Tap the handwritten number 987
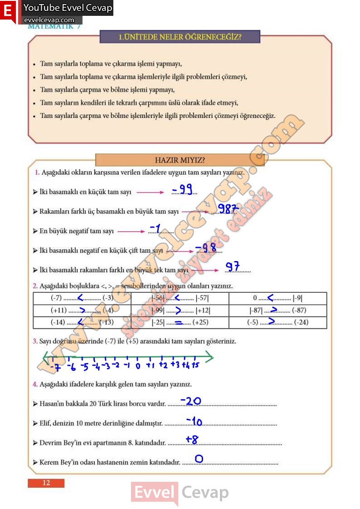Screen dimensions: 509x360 [x=228, y=208]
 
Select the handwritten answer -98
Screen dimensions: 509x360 [x=205, y=248]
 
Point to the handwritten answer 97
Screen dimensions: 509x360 [x=233, y=267]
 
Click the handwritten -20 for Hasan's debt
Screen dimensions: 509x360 [x=190, y=401]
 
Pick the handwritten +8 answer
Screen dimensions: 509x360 [x=192, y=439]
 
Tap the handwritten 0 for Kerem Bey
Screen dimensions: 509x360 [x=199, y=459]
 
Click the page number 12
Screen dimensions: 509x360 [x=46, y=483]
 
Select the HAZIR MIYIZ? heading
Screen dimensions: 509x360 [x=180, y=160]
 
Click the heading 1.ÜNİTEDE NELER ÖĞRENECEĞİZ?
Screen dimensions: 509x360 [x=180, y=37]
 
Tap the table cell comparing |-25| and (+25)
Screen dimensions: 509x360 [x=180, y=323]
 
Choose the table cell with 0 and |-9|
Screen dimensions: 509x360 [x=277, y=298]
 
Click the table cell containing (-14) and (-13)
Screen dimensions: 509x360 [x=82, y=323]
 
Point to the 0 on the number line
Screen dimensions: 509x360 [x=138, y=366]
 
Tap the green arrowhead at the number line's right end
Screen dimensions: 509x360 [x=209, y=358]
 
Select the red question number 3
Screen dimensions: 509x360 [x=35, y=341]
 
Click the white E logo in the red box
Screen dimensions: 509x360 [x=8, y=11]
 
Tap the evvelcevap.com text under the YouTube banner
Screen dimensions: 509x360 [x=49, y=20]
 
